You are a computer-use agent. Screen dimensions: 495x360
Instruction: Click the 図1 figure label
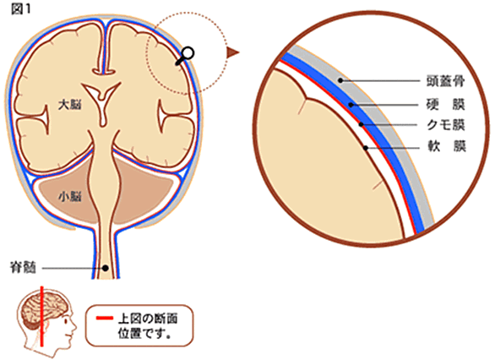pyautogui.click(x=21, y=9)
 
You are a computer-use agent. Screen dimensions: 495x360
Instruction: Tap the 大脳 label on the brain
pyautogui.click(x=69, y=105)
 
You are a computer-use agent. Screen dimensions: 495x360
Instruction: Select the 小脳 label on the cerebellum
pyautogui.click(x=70, y=197)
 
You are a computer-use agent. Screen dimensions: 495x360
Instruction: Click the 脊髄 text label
pyautogui.click(x=24, y=269)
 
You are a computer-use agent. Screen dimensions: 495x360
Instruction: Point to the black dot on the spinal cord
pyautogui.click(x=106, y=268)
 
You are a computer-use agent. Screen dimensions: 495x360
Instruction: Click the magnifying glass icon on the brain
pyautogui.click(x=184, y=57)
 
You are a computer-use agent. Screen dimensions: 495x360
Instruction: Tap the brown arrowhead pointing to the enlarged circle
pyautogui.click(x=233, y=52)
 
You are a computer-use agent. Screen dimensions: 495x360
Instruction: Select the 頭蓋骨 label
pyautogui.click(x=446, y=81)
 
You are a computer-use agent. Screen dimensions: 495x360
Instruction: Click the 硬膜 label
pyautogui.click(x=446, y=104)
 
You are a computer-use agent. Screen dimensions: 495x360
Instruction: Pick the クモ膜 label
pyautogui.click(x=446, y=125)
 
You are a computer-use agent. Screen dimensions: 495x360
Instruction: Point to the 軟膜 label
pyautogui.click(x=446, y=147)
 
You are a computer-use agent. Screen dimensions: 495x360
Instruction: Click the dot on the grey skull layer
pyautogui.click(x=340, y=80)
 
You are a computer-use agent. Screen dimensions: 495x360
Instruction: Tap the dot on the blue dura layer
pyautogui.click(x=351, y=105)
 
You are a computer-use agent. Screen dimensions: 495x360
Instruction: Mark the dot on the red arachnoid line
pyautogui.click(x=362, y=124)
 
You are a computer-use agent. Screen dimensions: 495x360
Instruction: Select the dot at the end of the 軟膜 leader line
pyautogui.click(x=366, y=148)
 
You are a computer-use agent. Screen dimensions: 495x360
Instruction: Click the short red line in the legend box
pyautogui.click(x=104, y=319)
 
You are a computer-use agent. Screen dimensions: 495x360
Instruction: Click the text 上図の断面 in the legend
pyautogui.click(x=148, y=319)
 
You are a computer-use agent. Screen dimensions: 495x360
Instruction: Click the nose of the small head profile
pyautogui.click(x=75, y=325)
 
